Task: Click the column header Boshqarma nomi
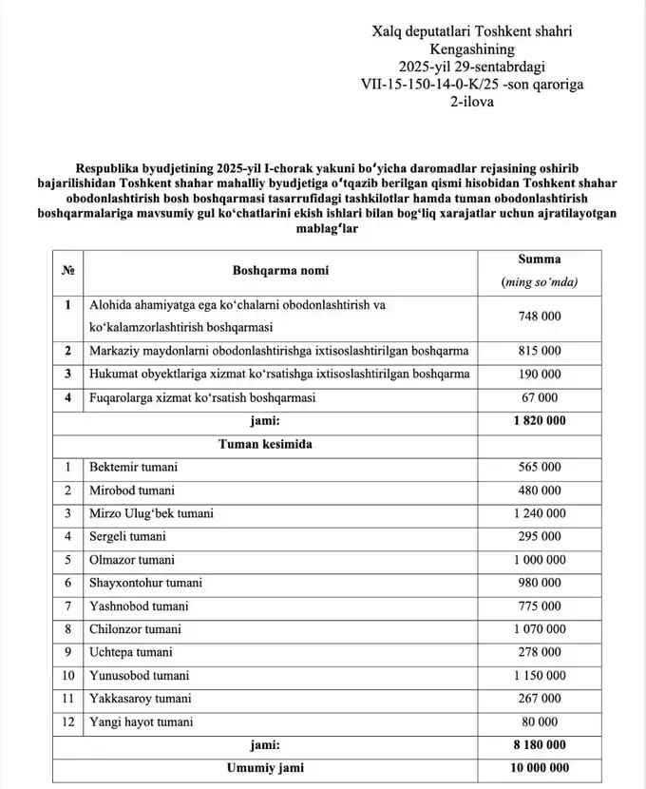pyautogui.click(x=280, y=271)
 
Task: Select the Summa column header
pyautogui.click(x=539, y=259)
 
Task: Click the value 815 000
pyautogui.click(x=539, y=351)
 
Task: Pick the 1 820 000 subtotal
pyautogui.click(x=539, y=421)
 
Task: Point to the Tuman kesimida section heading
pyautogui.click(x=265, y=444)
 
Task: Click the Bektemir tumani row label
pyautogui.click(x=133, y=467)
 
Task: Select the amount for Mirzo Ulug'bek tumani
pyautogui.click(x=539, y=513)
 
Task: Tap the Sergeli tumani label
pyautogui.click(x=127, y=536)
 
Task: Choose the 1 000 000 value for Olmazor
pyautogui.click(x=539, y=560)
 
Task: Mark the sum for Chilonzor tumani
pyautogui.click(x=539, y=629)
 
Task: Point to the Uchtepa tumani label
pyautogui.click(x=131, y=652)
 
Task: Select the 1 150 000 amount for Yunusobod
pyautogui.click(x=539, y=676)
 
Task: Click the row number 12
pyautogui.click(x=67, y=722)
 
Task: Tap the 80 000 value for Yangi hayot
pyautogui.click(x=539, y=722)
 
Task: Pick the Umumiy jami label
pyautogui.click(x=265, y=768)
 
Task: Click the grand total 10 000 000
pyautogui.click(x=539, y=768)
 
